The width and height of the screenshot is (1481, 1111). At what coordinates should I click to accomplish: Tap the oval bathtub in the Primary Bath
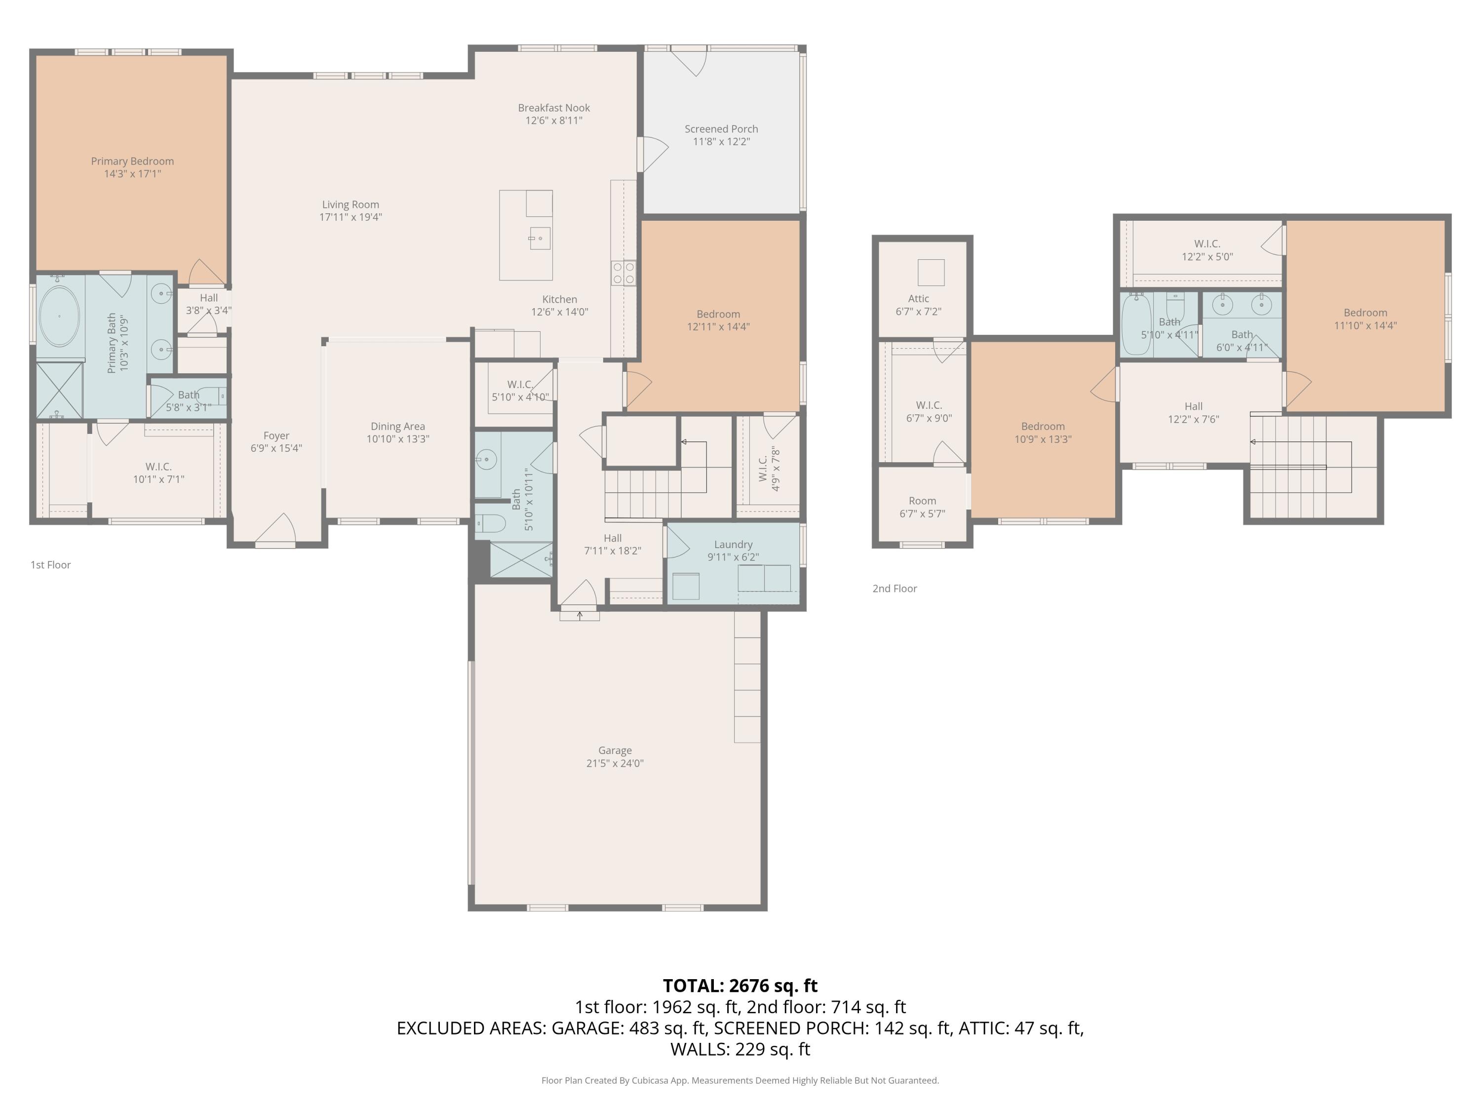(60, 316)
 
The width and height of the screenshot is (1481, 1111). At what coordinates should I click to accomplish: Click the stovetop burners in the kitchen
(624, 273)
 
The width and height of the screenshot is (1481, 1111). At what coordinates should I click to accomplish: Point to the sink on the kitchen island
(539, 238)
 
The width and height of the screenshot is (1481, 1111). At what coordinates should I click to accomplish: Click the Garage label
(615, 751)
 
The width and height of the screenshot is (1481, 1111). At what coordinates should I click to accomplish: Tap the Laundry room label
(733, 545)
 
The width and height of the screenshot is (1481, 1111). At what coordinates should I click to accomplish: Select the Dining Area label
(398, 427)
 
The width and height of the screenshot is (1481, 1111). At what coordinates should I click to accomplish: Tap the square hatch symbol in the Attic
(931, 273)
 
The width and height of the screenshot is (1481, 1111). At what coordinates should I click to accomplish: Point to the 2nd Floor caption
(895, 589)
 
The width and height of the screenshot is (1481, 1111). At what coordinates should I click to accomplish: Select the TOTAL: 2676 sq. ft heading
(740, 986)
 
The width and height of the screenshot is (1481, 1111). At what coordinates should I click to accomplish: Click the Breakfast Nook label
(554, 108)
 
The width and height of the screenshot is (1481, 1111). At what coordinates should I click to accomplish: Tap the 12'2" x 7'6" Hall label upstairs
(1193, 412)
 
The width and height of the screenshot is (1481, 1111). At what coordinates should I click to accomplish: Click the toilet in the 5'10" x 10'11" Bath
(489, 523)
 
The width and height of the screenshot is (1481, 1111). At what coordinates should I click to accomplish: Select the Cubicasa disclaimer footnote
(740, 1080)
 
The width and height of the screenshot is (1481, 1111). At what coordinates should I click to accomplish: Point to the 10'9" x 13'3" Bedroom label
(1043, 433)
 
